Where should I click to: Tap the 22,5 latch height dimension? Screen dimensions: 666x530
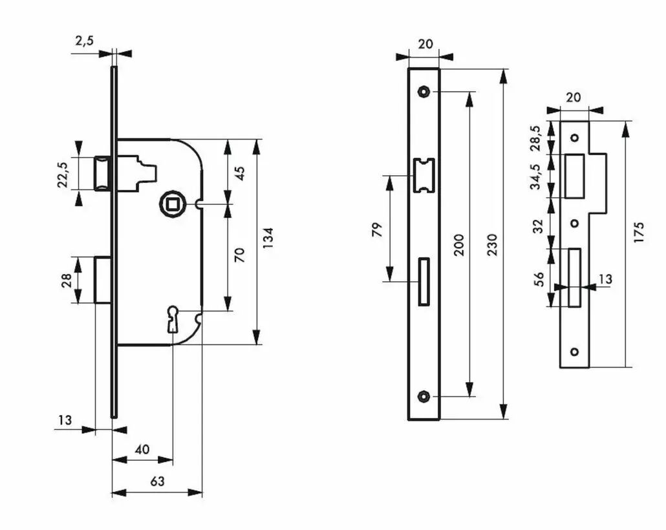pyautogui.click(x=63, y=174)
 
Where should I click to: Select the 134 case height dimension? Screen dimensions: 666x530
pyautogui.click(x=268, y=238)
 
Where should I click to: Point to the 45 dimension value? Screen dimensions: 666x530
pyautogui.click(x=240, y=173)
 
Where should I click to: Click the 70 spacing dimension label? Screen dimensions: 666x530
pyautogui.click(x=240, y=255)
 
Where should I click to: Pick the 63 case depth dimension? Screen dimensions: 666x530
pyautogui.click(x=157, y=481)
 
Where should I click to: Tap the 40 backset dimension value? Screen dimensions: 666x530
pyautogui.click(x=142, y=449)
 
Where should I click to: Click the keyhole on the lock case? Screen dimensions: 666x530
pyautogui.click(x=173, y=319)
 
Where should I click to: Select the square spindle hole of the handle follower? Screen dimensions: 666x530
pyautogui.click(x=172, y=204)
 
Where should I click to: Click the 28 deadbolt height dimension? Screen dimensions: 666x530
pyautogui.click(x=67, y=281)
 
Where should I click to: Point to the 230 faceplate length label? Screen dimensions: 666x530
pyautogui.click(x=492, y=244)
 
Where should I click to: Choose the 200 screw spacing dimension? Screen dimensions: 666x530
pyautogui.click(x=458, y=244)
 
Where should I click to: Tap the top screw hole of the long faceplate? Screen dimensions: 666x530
pyautogui.click(x=423, y=91)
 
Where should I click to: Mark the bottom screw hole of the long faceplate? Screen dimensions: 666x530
pyautogui.click(x=423, y=396)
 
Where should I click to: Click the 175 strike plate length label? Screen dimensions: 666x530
pyautogui.click(x=638, y=231)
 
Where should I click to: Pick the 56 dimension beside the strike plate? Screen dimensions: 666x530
pyautogui.click(x=539, y=279)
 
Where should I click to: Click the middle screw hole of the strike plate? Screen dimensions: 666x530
pyautogui.click(x=575, y=223)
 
